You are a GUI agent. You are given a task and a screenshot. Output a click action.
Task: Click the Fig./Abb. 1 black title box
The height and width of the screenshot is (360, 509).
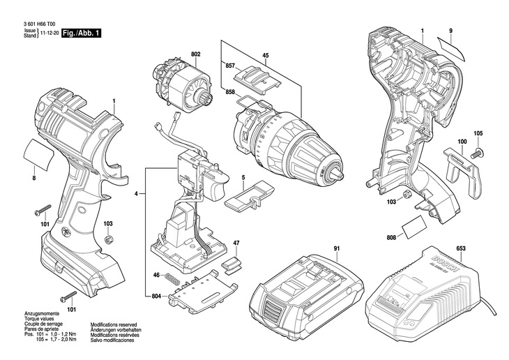click(82, 33)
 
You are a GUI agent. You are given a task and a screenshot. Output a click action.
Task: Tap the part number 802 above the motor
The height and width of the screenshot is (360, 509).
click(196, 54)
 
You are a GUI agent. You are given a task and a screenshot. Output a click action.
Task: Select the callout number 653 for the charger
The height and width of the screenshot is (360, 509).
click(461, 248)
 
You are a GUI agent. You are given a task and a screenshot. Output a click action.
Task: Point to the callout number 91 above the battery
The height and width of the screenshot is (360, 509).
click(337, 248)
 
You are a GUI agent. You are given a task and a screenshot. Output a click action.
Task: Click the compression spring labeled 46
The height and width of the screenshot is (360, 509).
click(171, 279)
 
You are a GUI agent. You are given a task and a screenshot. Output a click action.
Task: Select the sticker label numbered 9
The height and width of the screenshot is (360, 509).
click(451, 49)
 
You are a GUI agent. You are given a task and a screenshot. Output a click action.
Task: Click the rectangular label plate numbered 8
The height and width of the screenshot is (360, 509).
click(38, 154)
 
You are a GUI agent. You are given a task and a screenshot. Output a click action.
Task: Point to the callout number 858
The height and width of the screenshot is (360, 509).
click(230, 91)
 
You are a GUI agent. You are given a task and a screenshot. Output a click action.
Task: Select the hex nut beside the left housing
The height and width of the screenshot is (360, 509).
click(108, 239)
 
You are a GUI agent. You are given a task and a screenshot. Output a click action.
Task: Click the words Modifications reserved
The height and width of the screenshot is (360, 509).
click(113, 324)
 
